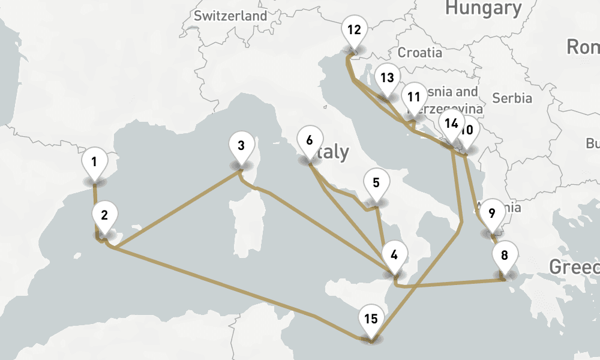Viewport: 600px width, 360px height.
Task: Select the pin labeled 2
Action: pos(104,215)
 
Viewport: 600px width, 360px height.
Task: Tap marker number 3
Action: pos(241,146)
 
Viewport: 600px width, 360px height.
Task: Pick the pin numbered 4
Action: pos(394,254)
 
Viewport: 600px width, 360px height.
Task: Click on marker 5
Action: pos(376,183)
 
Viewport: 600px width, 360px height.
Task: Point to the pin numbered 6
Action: pos(309,141)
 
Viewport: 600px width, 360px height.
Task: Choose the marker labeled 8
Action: pos(504,255)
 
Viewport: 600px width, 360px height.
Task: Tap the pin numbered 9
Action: pos(492,213)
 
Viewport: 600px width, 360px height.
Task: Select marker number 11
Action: pos(413,97)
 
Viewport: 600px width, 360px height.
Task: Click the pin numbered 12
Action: pos(355,29)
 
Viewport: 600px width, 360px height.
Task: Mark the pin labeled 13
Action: pos(387,77)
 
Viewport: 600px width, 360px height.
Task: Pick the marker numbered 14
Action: pos(451,124)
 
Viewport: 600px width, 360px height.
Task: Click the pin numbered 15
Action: pos(371,319)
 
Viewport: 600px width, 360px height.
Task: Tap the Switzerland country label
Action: pos(230,16)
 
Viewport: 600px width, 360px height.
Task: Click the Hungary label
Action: pos(483,8)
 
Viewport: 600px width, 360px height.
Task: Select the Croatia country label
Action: pos(420,52)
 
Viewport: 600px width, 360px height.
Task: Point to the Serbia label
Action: pos(512,97)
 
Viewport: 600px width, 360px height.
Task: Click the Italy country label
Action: pos(333,152)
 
